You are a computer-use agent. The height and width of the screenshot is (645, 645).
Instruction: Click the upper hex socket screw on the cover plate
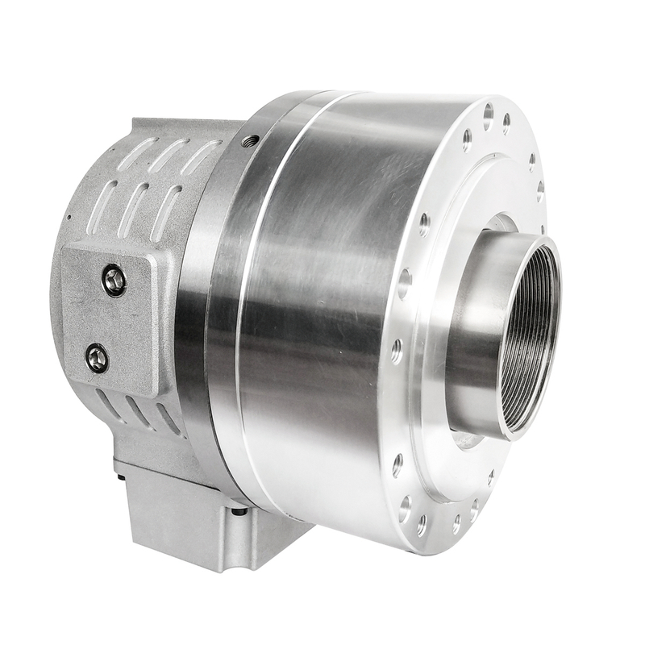point(114,281)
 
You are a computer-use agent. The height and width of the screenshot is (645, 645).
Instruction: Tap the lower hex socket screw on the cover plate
point(98,357)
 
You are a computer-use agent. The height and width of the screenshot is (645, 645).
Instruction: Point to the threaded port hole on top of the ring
point(250,141)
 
